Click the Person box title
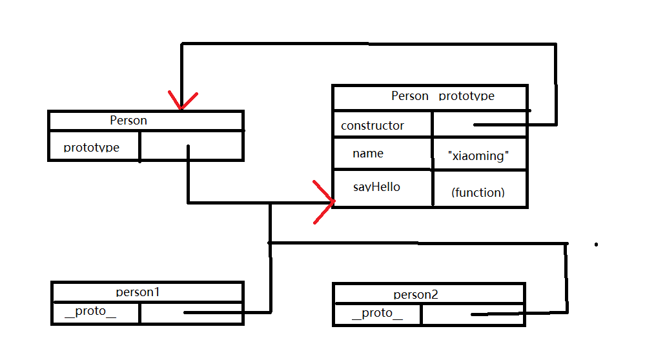(x=128, y=120)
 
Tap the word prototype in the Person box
(x=92, y=147)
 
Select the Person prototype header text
(x=443, y=96)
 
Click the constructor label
(x=373, y=125)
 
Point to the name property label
(x=368, y=154)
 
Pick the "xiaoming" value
(x=478, y=156)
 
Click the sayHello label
(x=376, y=187)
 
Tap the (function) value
(x=478, y=192)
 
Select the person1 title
(x=138, y=292)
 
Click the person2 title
(x=416, y=294)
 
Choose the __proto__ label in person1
(x=91, y=312)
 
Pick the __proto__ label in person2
(x=377, y=314)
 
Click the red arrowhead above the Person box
(x=182, y=101)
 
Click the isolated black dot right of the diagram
(x=596, y=245)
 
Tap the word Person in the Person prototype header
(x=410, y=96)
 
